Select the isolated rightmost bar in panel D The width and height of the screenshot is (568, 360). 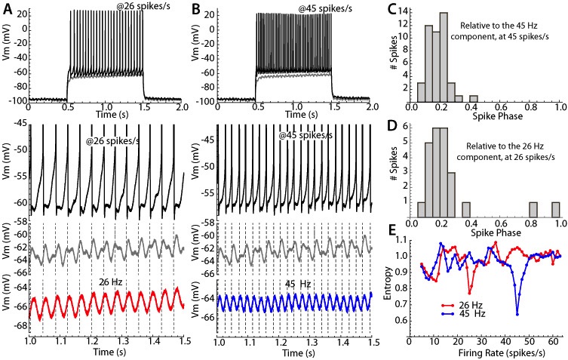[557, 212]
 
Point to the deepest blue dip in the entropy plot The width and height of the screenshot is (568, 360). [517, 292]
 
